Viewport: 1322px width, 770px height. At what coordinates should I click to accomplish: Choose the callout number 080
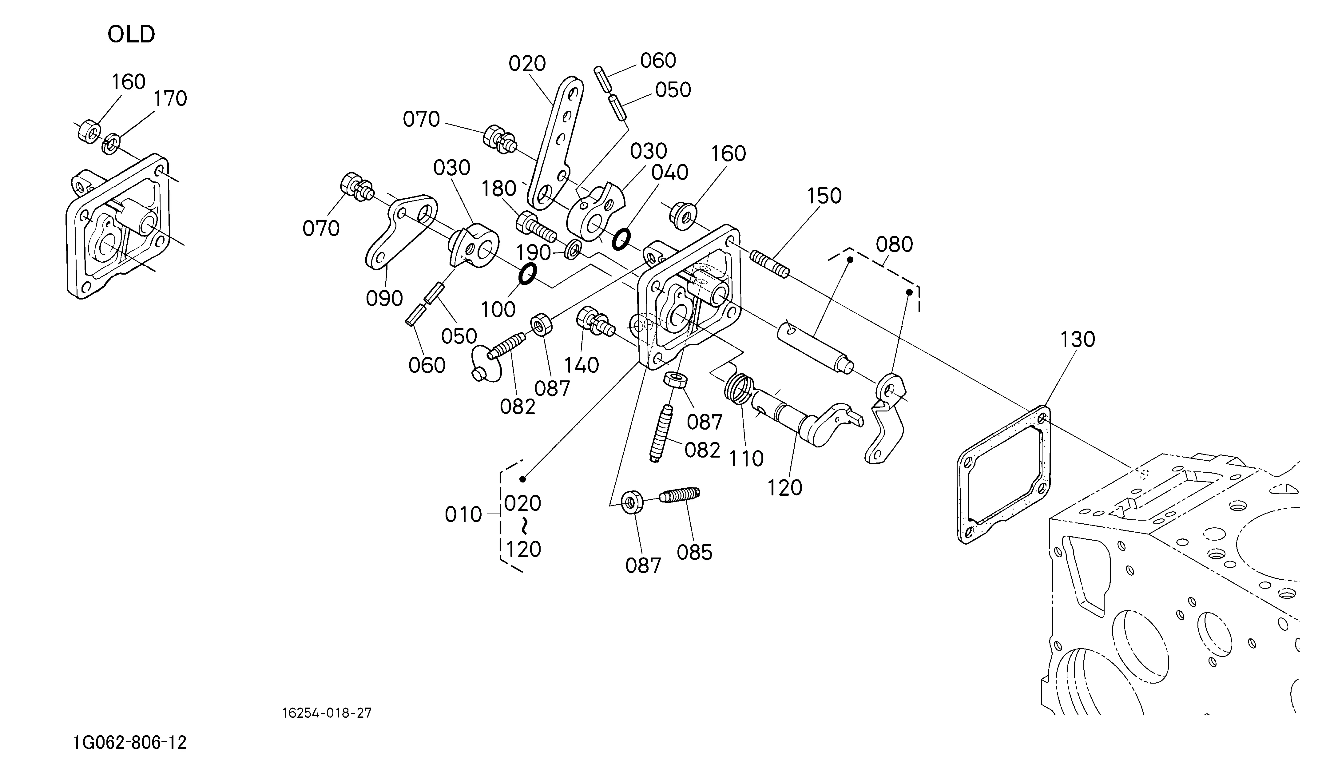point(895,244)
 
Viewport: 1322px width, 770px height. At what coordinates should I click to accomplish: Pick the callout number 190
point(534,253)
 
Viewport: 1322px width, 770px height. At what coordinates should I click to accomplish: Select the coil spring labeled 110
point(738,389)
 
